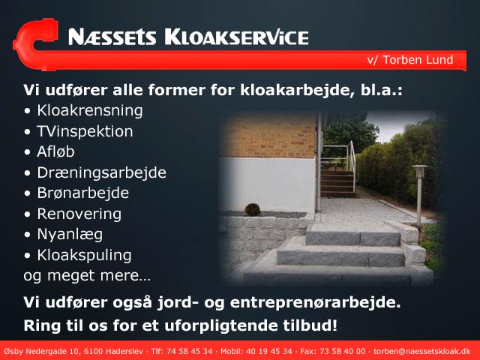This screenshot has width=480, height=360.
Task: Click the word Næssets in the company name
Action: tap(112, 37)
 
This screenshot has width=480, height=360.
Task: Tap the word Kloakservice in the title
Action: tap(236, 37)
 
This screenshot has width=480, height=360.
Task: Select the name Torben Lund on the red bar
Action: tap(418, 60)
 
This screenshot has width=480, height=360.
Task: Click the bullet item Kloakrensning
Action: tap(90, 110)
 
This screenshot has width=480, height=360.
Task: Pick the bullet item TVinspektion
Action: tap(85, 131)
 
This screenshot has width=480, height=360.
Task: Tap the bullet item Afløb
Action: tap(55, 151)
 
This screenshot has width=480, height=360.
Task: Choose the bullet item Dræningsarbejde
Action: tap(102, 172)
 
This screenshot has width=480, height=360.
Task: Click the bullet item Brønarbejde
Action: tap(83, 193)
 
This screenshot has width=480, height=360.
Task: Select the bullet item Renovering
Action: tap(79, 214)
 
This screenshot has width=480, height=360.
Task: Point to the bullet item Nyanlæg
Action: tap(70, 235)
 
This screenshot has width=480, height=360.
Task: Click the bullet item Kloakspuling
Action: tap(84, 255)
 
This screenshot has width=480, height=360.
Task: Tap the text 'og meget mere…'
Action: tap(87, 275)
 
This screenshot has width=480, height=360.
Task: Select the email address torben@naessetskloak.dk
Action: tap(421, 352)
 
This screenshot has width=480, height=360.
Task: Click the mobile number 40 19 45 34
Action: tap(269, 352)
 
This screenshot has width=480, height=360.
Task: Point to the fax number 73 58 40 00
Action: tap(343, 352)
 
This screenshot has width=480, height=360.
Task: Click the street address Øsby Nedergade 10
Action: tap(42, 352)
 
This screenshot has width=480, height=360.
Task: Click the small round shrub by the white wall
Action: tap(252, 210)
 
